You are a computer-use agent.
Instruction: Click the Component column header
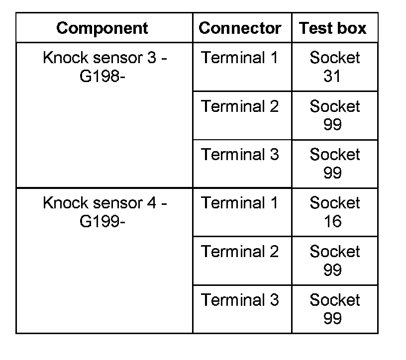tap(102, 28)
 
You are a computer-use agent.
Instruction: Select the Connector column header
tap(240, 28)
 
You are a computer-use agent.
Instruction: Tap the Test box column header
tap(332, 28)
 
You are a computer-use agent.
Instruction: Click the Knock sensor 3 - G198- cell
tap(104, 67)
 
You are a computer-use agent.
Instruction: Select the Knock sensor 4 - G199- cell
tap(104, 212)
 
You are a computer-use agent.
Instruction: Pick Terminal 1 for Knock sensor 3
tap(240, 58)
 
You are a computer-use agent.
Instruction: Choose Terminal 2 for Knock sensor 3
tap(240, 106)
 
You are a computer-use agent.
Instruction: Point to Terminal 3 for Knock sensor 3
tap(240, 155)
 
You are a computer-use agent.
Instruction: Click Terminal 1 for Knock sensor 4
tap(240, 203)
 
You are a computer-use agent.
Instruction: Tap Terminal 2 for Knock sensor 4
tap(240, 252)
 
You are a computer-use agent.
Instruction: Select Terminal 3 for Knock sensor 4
tap(240, 300)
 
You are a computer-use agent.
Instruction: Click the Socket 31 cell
tap(334, 67)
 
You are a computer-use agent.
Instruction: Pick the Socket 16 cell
tap(334, 212)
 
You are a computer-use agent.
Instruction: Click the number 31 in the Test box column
tap(332, 76)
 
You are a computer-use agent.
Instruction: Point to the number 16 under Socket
tap(332, 221)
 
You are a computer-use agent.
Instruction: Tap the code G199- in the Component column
tap(102, 222)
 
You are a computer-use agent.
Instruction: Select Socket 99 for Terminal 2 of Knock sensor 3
tap(334, 115)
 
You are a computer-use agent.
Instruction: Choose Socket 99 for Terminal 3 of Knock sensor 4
tap(334, 309)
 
